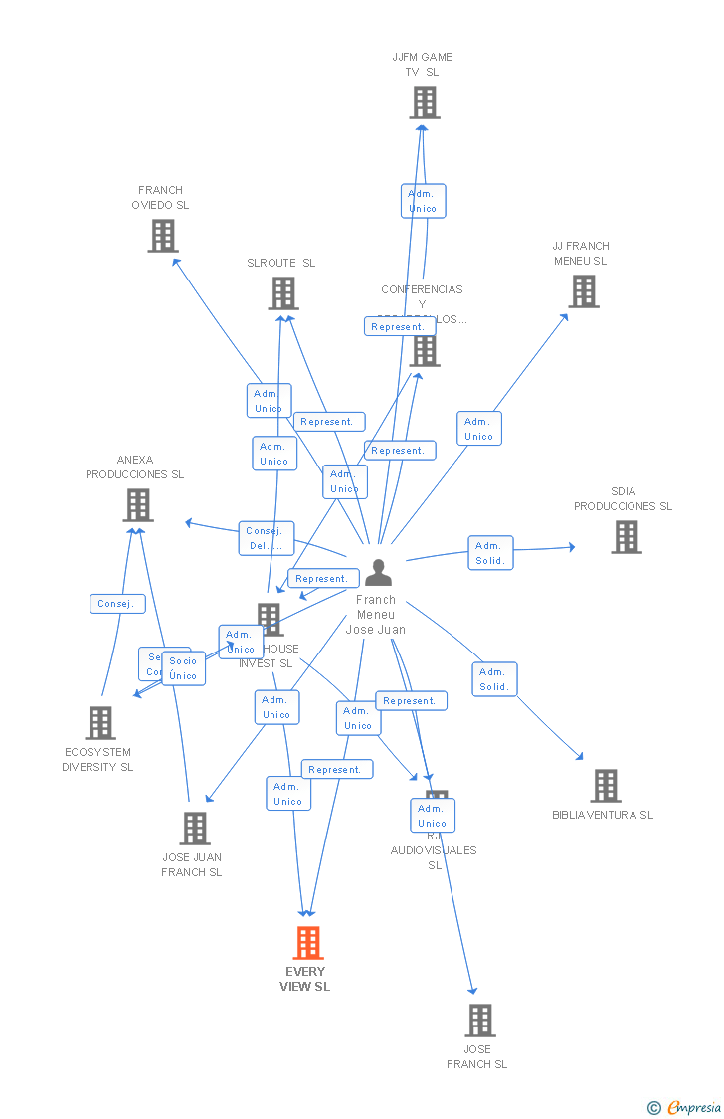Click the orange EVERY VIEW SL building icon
click(x=308, y=942)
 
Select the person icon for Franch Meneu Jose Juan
click(x=378, y=573)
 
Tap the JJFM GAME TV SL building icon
click(x=424, y=102)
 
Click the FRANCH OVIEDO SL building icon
click(x=162, y=236)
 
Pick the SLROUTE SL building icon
click(x=283, y=293)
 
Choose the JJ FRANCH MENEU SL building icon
click(x=583, y=291)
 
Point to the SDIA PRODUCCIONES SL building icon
click(x=626, y=537)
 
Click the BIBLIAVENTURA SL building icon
click(x=605, y=786)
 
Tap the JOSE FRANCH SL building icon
click(x=479, y=1021)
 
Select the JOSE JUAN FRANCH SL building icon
click(x=194, y=829)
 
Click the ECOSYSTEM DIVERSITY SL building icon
click(x=100, y=723)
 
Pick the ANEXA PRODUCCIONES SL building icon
click(x=137, y=505)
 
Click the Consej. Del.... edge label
click(x=267, y=538)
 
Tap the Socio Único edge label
click(x=183, y=668)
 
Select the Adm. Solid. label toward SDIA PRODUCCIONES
click(x=490, y=553)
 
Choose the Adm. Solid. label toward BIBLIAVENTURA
click(x=494, y=679)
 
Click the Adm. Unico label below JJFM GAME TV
click(x=423, y=201)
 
